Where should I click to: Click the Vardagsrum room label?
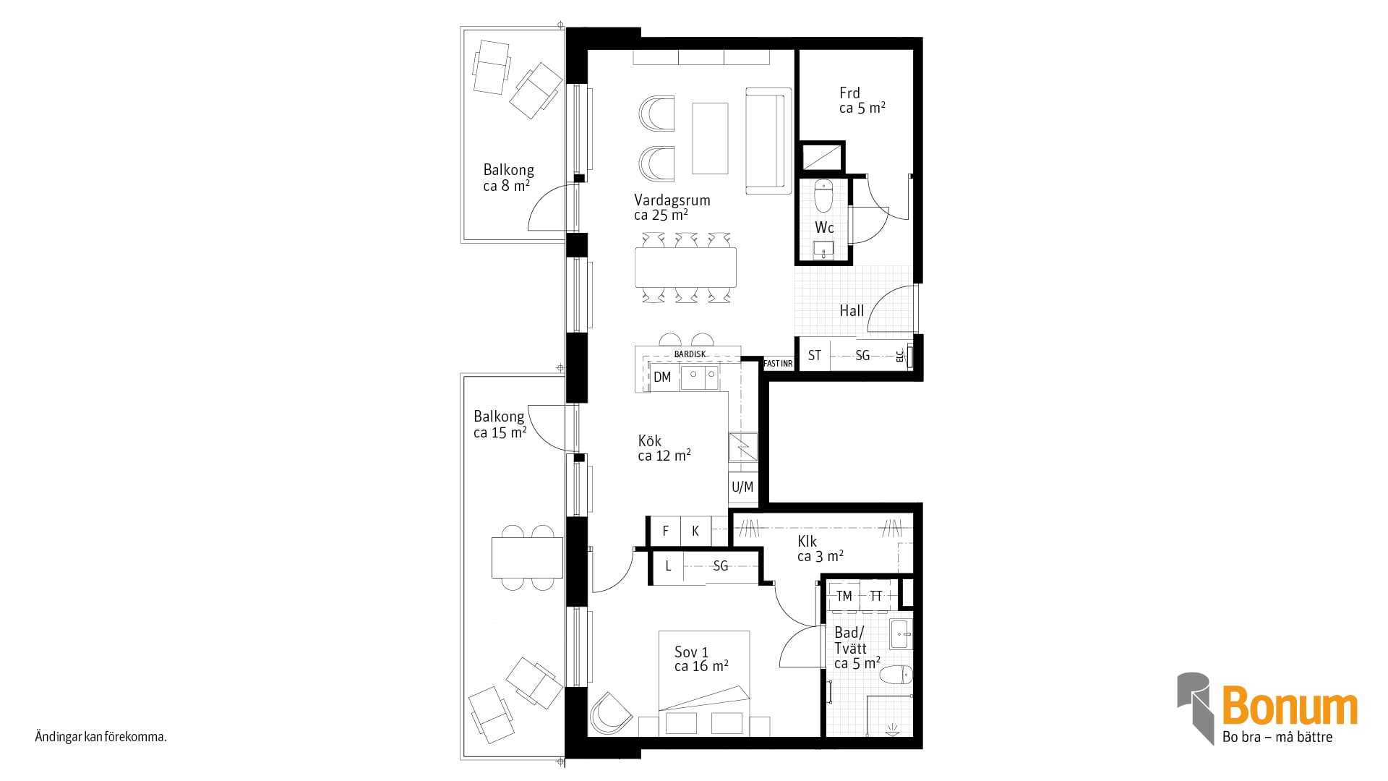coord(672,207)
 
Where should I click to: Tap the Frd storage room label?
coord(862,101)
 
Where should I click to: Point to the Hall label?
coord(852,311)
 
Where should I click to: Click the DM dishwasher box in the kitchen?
coord(663,377)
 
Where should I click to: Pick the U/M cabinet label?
coord(742,487)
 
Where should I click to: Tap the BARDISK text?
coord(690,354)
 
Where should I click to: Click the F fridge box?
coord(666,531)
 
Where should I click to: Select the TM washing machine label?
coord(844,597)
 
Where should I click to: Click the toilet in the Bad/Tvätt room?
coord(896,675)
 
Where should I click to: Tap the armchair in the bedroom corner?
coord(611,715)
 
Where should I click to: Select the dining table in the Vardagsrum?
coord(686,268)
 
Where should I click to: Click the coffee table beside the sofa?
coord(710,138)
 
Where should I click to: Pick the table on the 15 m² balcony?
coord(527,558)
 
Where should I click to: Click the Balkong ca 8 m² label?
coord(508,178)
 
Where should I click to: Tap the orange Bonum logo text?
coord(1290,707)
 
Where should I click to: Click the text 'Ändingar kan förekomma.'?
coord(100,738)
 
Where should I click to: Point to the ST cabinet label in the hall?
coord(815,356)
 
